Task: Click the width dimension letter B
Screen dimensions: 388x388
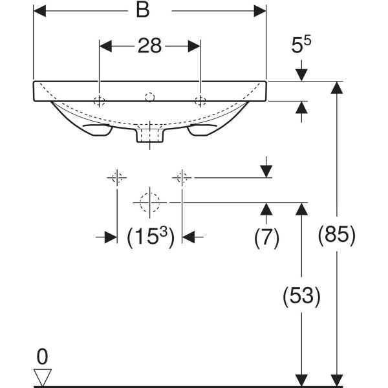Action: coord(149,11)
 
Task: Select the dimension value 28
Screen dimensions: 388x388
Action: coord(149,46)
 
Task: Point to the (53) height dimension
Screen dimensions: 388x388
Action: coord(301,296)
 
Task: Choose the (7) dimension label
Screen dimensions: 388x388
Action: coord(265,237)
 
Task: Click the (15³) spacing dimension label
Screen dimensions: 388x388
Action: coord(149,237)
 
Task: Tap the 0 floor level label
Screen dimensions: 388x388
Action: coord(43,355)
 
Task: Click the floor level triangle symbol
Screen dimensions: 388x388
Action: coord(43,376)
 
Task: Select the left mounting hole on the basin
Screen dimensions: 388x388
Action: coord(99,100)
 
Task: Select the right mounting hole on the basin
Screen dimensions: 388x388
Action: coord(200,100)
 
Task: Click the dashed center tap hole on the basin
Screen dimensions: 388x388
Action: coord(149,98)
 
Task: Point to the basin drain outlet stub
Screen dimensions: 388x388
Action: coord(149,134)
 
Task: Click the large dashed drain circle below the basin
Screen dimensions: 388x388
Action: coord(149,202)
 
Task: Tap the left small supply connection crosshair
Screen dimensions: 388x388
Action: coord(116,177)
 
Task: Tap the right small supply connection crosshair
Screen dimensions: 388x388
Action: coord(182,177)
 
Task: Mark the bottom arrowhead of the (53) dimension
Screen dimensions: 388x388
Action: coord(301,381)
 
